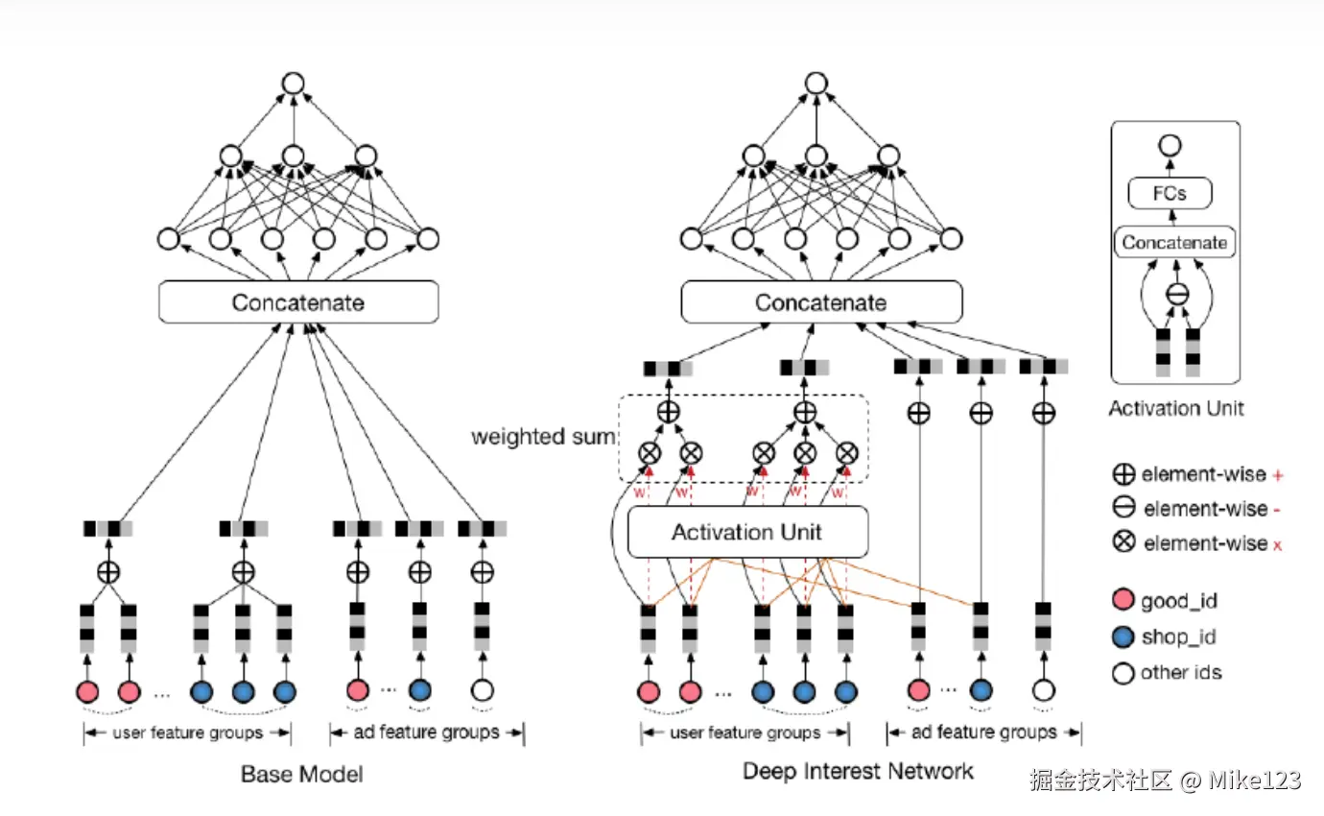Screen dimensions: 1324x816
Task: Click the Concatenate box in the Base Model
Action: tap(298, 302)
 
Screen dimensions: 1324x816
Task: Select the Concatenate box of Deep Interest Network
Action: tap(821, 302)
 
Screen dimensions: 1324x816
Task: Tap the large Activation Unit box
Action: tap(747, 532)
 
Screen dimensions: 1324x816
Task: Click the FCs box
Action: tap(1170, 193)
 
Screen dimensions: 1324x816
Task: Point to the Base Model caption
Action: tap(302, 774)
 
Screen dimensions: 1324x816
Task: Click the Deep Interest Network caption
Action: tap(858, 771)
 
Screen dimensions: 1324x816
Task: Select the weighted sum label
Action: tap(543, 437)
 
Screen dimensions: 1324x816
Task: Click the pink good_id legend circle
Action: tap(1123, 600)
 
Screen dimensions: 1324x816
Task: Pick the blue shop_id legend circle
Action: tap(1123, 636)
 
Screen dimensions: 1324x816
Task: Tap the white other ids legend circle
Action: tap(1123, 673)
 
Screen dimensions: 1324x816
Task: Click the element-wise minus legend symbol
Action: tap(1123, 507)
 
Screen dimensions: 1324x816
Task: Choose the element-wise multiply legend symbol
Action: tap(1123, 541)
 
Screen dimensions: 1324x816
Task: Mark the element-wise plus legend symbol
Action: tap(1123, 473)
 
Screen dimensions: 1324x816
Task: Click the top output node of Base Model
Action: tap(294, 84)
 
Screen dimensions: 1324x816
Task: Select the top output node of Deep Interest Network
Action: tap(816, 84)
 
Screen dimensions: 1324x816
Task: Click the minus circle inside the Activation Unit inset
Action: tap(1177, 294)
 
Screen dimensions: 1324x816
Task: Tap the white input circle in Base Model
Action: tap(483, 690)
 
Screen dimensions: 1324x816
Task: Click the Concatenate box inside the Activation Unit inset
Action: tap(1174, 242)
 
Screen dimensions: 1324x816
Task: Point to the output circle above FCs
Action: tap(1170, 146)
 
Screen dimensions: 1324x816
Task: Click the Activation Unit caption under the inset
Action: tap(1176, 408)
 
